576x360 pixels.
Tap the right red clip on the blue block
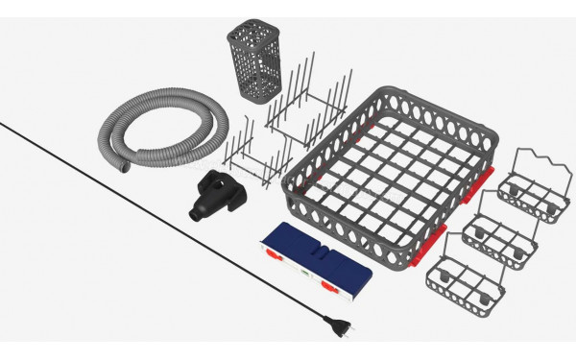tap(331, 284)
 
